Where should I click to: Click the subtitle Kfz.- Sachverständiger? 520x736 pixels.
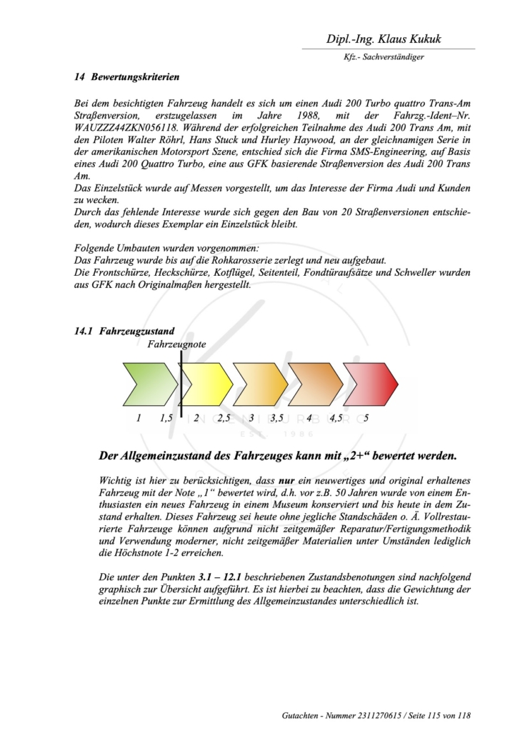[384, 57]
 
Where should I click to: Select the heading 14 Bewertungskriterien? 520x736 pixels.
[127, 76]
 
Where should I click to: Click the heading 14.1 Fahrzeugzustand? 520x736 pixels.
[125, 332]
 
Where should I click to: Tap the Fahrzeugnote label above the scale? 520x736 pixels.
[176, 344]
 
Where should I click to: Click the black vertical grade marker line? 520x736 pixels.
[181, 382]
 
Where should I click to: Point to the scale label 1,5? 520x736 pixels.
[167, 418]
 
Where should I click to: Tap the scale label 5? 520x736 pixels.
[366, 418]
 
